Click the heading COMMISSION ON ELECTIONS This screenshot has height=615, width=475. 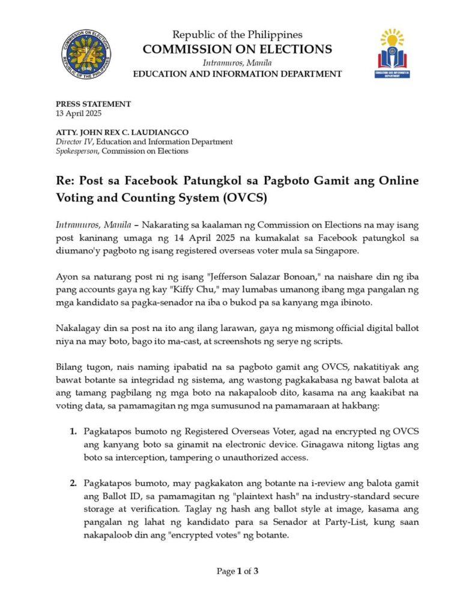pos(237,49)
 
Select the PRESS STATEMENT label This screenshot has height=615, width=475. pos(93,104)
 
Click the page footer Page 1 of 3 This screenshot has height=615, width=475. pos(237,571)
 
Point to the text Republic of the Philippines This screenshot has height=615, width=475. pos(237,35)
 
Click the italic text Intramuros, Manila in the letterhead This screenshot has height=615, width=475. pos(237,62)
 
